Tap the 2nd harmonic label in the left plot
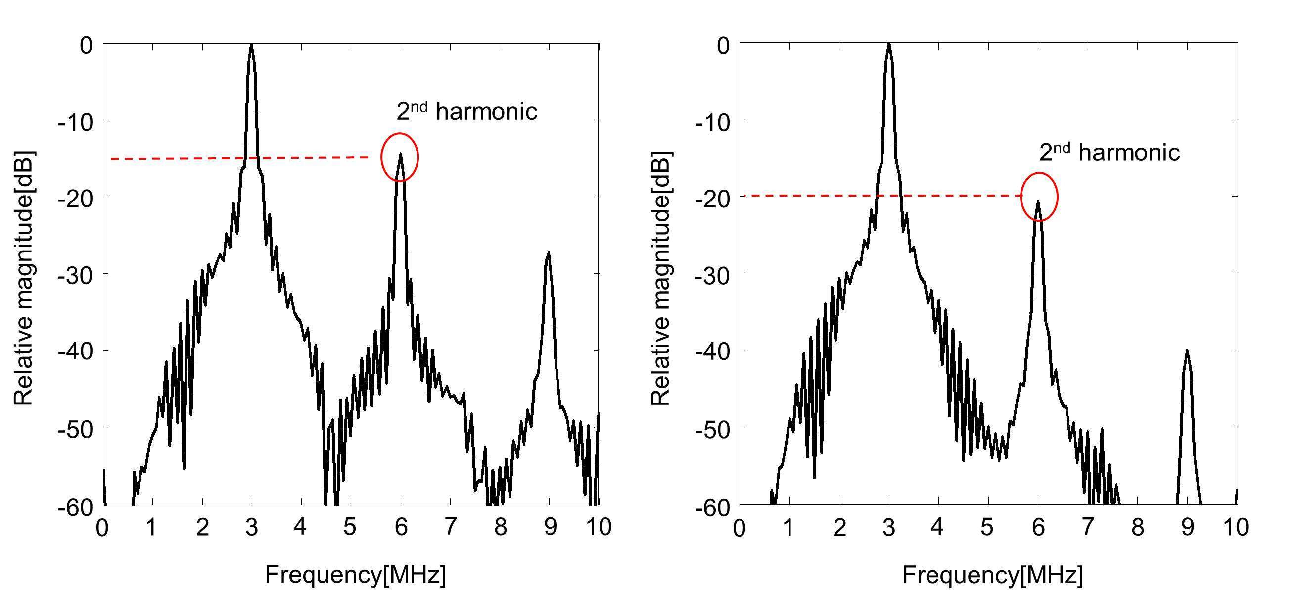pyautogui.click(x=467, y=111)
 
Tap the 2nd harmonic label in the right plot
pyautogui.click(x=1110, y=152)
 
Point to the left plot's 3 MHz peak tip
pyautogui.click(x=251, y=45)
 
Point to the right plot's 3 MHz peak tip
pyautogui.click(x=889, y=44)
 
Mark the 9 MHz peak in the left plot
pyautogui.click(x=549, y=252)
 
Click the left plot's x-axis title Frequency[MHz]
pyautogui.click(x=356, y=575)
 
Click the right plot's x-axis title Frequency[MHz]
pyautogui.click(x=992, y=575)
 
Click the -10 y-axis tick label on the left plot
pyautogui.click(x=76, y=122)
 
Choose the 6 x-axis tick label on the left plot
pyautogui.click(x=401, y=528)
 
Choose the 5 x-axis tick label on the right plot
pyautogui.click(x=987, y=528)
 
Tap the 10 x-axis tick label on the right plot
pyautogui.click(x=1236, y=528)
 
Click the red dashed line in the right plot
pyautogui.click(x=882, y=195)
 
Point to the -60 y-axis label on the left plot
pyautogui.click(x=76, y=507)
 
